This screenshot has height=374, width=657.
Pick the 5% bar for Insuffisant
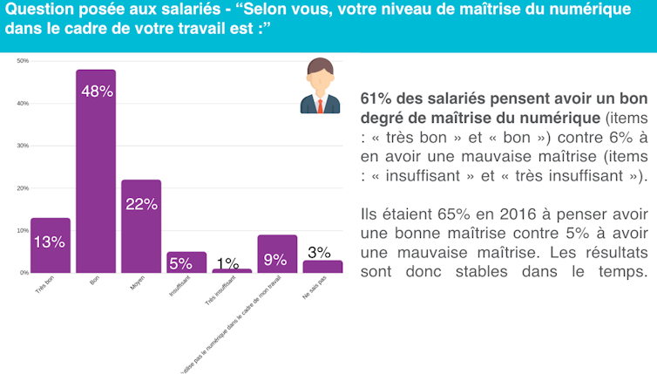[x=186, y=262]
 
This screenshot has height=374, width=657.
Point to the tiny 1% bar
[x=232, y=270]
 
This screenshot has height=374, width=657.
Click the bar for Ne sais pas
[x=322, y=267]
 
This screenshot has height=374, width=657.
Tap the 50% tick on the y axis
[x=23, y=61]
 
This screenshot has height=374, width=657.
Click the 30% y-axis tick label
[x=23, y=146]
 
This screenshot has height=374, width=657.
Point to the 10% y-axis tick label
[x=23, y=231]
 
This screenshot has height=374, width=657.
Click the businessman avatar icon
[x=320, y=85]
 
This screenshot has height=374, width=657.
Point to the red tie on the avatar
[x=321, y=105]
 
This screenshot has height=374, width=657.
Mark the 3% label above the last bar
[x=320, y=252]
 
